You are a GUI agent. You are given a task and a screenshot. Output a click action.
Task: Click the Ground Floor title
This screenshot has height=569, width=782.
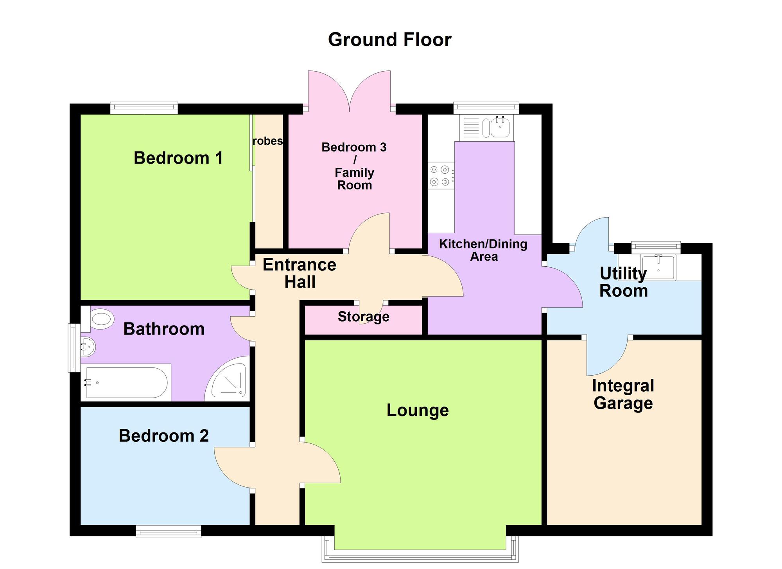389,40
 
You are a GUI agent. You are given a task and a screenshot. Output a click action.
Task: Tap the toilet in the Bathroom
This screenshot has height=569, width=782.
99,319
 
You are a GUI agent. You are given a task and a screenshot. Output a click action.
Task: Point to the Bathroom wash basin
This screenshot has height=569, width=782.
87,347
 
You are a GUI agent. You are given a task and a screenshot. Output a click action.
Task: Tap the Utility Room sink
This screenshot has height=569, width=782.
658,267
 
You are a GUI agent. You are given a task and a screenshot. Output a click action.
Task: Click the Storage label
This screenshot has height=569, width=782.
363,317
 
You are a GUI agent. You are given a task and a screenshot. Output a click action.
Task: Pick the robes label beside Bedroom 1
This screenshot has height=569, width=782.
267,141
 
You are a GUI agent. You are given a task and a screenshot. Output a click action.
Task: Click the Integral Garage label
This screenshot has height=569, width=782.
623,394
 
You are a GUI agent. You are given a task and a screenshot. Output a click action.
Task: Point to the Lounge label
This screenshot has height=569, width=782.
417,410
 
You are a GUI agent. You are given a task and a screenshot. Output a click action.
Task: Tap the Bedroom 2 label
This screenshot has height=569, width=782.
163,436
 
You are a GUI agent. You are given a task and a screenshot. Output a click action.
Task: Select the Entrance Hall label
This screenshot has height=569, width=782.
300,273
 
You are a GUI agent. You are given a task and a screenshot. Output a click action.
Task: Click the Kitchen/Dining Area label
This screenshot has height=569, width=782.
483,250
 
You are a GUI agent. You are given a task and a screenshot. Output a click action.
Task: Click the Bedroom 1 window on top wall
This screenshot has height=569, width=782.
144,108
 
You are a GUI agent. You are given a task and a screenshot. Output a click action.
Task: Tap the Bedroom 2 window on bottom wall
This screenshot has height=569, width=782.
169,531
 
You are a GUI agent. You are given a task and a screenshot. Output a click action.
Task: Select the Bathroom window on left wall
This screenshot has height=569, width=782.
74,348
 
